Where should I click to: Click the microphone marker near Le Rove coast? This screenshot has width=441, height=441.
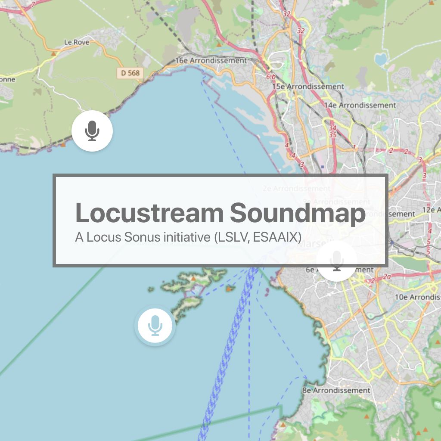pyautogui.click(x=92, y=130)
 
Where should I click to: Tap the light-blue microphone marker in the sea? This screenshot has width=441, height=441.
pyautogui.click(x=155, y=325)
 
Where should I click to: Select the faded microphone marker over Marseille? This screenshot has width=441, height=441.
pyautogui.click(x=337, y=261)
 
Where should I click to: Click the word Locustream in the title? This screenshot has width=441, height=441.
pyautogui.click(x=149, y=213)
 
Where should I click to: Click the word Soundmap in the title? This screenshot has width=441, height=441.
pyautogui.click(x=298, y=213)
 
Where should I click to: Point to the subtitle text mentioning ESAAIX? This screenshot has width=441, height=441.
pyautogui.click(x=188, y=237)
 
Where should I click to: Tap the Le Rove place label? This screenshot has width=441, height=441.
pyautogui.click(x=76, y=42)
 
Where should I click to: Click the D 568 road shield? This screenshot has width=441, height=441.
pyautogui.click(x=130, y=73)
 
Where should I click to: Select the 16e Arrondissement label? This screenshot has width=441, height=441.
pyautogui.click(x=211, y=61)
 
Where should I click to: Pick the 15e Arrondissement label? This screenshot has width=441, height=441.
pyautogui.click(x=308, y=87)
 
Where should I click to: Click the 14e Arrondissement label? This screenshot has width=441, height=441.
pyautogui.click(x=360, y=105)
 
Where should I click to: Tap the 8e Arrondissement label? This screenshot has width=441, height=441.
pyautogui.click(x=336, y=391)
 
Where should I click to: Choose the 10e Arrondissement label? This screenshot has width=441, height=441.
pyautogui.click(x=417, y=297)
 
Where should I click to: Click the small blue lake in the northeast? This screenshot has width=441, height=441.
pyautogui.click(x=381, y=59)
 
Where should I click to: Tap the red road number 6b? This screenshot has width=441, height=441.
pyautogui.click(x=270, y=77)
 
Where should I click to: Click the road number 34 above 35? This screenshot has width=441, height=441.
pyautogui.click(x=332, y=128)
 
